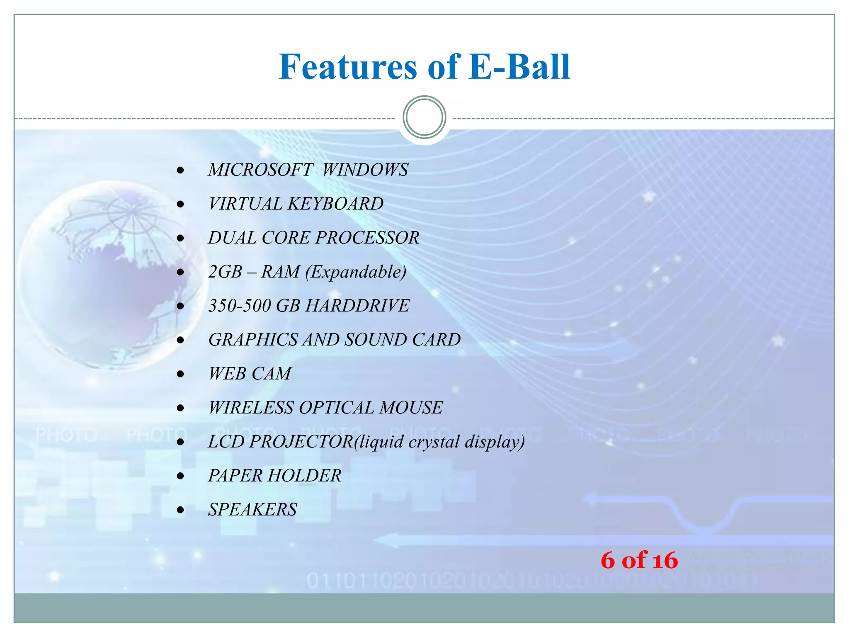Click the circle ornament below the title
coord(424,117)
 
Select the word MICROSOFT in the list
coord(260,170)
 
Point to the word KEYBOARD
coord(335,204)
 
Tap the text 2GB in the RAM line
coord(225,272)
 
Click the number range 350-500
coord(240,306)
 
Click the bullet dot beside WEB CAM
coord(180,374)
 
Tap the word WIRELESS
coord(251,408)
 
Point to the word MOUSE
coord(411,408)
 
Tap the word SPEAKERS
coord(252,510)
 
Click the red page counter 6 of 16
coord(639,560)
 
